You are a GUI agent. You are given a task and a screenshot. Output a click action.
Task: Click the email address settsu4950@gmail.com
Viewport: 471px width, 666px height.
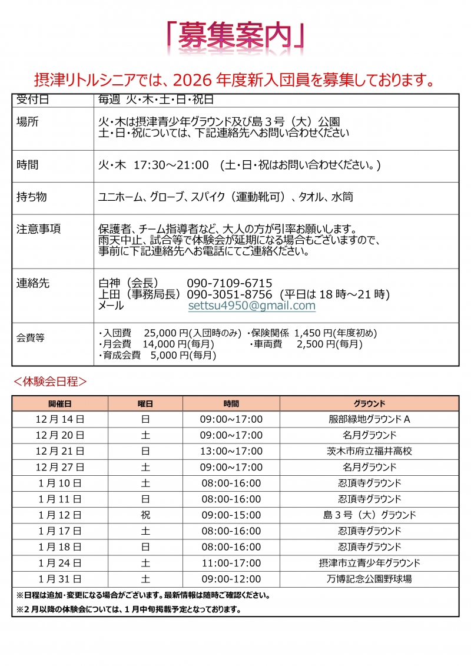coord(252,306)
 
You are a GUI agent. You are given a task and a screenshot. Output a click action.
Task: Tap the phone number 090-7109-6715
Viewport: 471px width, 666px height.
coord(230,283)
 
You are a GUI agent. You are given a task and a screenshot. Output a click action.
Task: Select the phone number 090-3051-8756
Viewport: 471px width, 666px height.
coord(230,294)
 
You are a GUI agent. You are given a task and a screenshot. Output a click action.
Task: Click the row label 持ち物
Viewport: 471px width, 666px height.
coord(32,197)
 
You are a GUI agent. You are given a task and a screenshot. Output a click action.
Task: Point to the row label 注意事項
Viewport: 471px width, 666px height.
coord(39,229)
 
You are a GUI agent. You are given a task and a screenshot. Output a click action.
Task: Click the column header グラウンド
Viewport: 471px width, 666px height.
coord(369,403)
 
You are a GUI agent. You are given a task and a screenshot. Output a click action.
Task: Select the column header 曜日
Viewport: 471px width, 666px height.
coord(145,403)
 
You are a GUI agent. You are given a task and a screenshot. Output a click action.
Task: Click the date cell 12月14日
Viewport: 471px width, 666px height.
coord(60,419)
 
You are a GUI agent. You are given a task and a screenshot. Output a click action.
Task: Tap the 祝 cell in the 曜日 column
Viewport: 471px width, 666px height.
coord(145,515)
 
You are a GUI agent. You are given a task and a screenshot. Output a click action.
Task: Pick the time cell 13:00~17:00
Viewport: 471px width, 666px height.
coord(231,451)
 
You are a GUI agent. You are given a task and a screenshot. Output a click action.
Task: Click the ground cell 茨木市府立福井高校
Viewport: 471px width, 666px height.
coord(369,451)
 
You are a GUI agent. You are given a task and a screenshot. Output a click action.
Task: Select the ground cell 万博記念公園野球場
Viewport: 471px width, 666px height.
coord(369,579)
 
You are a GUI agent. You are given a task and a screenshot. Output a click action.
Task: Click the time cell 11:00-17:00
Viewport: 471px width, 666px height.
coord(231,563)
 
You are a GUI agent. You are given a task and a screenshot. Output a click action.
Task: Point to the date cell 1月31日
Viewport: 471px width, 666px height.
coord(60,579)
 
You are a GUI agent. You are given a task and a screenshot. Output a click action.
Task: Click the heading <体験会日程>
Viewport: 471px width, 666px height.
coord(50,382)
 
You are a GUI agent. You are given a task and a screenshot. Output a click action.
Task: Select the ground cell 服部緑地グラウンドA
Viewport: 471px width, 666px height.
coord(369,419)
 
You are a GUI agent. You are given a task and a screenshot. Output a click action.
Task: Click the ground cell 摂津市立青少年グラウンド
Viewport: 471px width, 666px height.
coord(369,563)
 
